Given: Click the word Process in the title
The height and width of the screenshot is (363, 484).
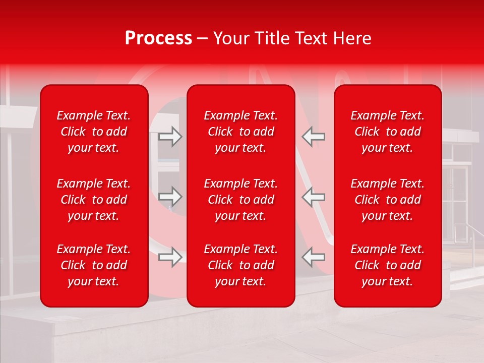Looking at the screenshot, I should pos(158,38).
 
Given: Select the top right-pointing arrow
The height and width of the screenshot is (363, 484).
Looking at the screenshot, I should pos(170,136).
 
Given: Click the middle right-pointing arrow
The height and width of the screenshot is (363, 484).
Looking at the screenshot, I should pos(170,196).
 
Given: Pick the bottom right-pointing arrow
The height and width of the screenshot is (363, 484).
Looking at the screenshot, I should pos(170,257).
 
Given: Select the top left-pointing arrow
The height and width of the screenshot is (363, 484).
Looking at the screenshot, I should pos(314,136).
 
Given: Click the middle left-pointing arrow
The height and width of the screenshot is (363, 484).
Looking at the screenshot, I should pos(314,196).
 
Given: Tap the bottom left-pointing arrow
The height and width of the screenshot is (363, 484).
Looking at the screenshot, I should pos(314,257).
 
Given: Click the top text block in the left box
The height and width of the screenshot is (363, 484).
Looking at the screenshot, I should pos(94,132).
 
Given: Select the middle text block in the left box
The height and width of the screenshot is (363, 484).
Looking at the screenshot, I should pos(94,200).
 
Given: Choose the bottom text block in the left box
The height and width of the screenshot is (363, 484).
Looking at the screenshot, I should pos(94,265).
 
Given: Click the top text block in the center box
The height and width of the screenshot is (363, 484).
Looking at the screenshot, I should pos(240,132).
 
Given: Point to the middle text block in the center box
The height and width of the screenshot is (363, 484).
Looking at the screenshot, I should pos(240,200).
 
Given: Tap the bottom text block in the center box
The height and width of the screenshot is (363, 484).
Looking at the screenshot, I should pos(240,265).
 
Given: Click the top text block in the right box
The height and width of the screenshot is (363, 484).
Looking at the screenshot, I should pos(388,132).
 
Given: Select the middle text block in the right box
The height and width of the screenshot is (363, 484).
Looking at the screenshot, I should pos(388,200).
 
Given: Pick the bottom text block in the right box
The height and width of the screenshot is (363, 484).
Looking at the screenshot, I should pos(388,265).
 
